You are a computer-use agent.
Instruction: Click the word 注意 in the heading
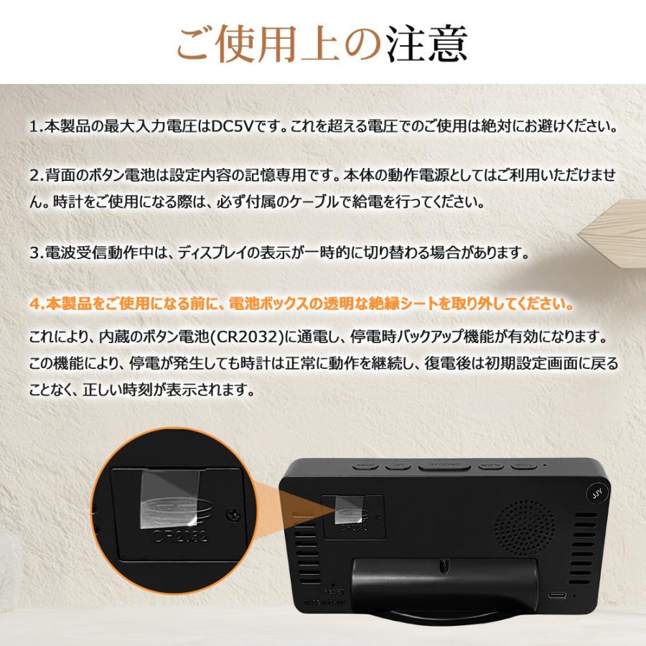click(428, 45)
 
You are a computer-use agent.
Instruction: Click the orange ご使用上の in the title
click(280, 45)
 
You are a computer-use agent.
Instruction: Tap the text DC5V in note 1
click(231, 127)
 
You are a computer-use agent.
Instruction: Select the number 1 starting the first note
click(34, 127)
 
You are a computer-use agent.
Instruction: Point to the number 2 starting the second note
click(34, 175)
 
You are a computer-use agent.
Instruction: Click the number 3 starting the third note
click(34, 253)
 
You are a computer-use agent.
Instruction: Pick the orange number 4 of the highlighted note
click(34, 304)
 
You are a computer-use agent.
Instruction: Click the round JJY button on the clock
click(596, 495)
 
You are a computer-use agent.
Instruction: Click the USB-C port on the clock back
click(557, 595)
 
